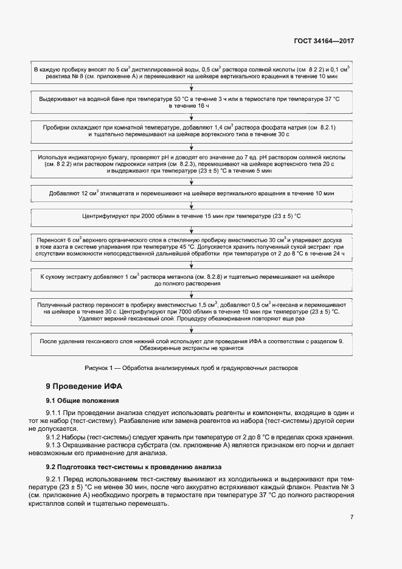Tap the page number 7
pyautogui.click(x=352, y=517)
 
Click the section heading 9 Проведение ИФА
pyautogui.click(x=85, y=387)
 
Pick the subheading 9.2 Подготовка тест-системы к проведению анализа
pyautogui.click(x=138, y=466)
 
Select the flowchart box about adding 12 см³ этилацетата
pyautogui.click(x=192, y=194)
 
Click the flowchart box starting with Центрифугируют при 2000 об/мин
pyautogui.click(x=192, y=217)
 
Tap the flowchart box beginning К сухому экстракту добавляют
pyautogui.click(x=192, y=280)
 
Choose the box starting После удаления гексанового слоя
pyautogui.click(x=192, y=344)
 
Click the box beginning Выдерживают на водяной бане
pyautogui.click(x=192, y=102)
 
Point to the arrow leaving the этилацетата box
pyautogui.click(x=192, y=205)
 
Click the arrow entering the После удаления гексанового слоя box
pyautogui.click(x=192, y=330)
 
